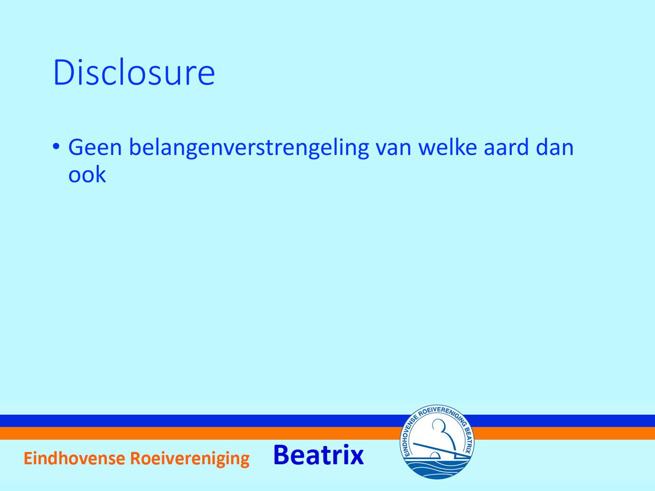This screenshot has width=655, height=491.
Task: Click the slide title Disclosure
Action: click(x=134, y=72)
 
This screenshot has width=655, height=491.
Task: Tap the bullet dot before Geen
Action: click(x=56, y=146)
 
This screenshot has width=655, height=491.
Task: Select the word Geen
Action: click(x=95, y=147)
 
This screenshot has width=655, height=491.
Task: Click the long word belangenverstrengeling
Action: click(x=249, y=148)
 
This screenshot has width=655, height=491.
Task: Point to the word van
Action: click(x=393, y=149)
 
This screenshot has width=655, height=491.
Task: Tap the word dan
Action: click(x=555, y=147)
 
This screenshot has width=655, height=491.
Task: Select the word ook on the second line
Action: click(x=87, y=174)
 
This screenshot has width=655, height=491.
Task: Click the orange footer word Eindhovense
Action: click(x=74, y=458)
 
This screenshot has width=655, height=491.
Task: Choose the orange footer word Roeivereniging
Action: click(x=190, y=459)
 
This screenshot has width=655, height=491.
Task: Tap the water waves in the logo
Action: click(x=437, y=468)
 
